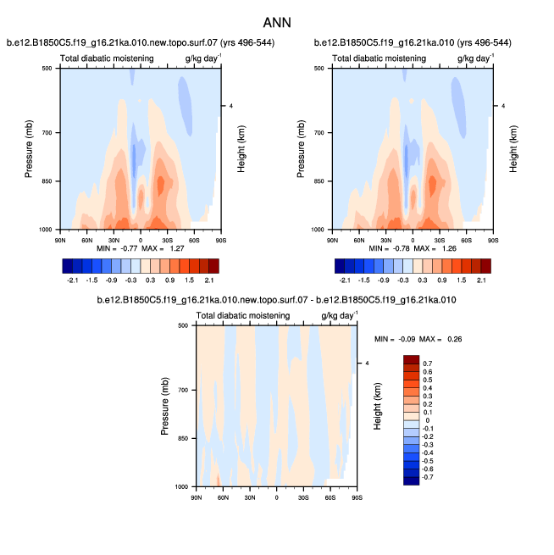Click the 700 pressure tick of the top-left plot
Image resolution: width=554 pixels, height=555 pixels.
click(47, 133)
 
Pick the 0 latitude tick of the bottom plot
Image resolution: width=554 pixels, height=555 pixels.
click(277, 495)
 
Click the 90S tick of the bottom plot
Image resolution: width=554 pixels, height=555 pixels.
click(357, 495)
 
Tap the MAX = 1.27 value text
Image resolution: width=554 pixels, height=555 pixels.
click(168, 248)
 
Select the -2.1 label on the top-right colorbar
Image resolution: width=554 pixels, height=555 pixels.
click(346, 278)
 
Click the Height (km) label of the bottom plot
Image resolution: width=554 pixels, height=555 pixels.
click(379, 406)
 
